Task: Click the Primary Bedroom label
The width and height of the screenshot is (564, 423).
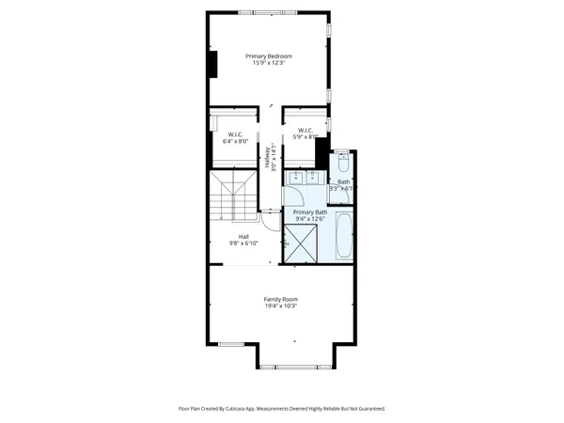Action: [x=269, y=56]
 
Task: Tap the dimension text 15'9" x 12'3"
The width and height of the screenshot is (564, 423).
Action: [x=269, y=64]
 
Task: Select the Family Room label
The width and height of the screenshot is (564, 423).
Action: [x=281, y=299]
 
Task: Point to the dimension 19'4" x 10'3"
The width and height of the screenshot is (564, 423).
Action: [x=281, y=306]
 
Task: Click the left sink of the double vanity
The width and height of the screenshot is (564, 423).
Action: [x=294, y=177]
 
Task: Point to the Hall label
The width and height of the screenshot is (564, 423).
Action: [x=243, y=236]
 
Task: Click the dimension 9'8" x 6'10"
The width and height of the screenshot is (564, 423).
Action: [x=243, y=243]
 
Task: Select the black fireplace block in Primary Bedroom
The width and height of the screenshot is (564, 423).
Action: [x=213, y=64]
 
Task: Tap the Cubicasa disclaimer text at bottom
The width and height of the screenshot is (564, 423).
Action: [x=281, y=409]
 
